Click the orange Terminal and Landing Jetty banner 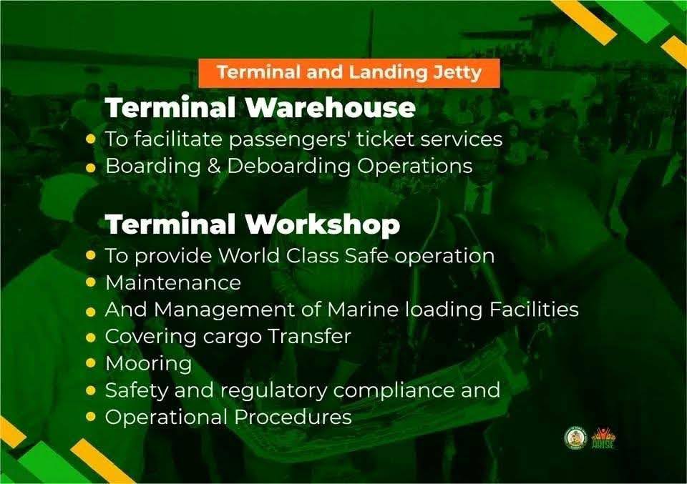(349, 73)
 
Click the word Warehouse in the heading (330, 107)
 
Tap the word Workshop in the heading (323, 224)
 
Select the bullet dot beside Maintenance (91, 282)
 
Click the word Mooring (149, 364)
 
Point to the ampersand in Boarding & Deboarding (214, 167)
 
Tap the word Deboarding (288, 167)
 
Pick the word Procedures (293, 417)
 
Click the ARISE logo (603, 438)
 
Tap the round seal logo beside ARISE (575, 438)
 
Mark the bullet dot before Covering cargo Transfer (91, 337)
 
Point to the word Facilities (534, 310)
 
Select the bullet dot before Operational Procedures (91, 417)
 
